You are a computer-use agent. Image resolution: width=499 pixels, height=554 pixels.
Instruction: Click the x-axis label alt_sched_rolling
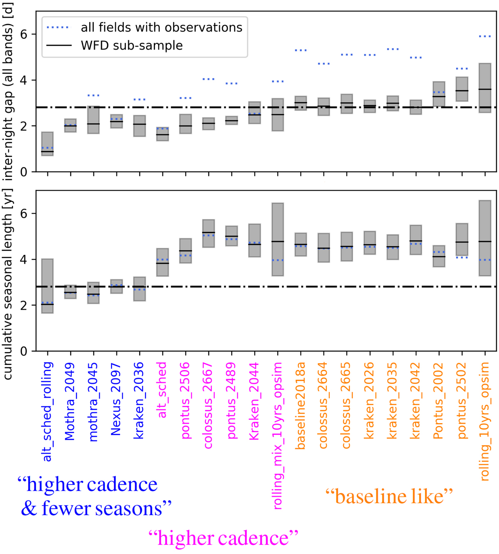[48, 411]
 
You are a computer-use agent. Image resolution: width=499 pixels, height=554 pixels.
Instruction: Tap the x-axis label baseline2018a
[300, 406]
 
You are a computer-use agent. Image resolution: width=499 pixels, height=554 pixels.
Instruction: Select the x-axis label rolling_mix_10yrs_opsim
[277, 436]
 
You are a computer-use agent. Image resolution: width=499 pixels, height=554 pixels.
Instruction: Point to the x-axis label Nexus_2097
[116, 399]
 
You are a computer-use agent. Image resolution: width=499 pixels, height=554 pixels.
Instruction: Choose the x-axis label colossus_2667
[208, 405]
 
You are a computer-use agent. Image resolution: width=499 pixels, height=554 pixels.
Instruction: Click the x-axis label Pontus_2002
[438, 401]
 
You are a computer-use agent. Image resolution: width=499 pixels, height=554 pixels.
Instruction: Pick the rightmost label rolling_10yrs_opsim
[484, 421]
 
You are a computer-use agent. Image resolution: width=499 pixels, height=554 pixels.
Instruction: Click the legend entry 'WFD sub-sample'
[132, 45]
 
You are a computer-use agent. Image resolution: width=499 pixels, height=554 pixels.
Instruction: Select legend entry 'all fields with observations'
[161, 27]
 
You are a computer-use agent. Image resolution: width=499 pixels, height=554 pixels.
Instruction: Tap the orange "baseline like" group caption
[389, 496]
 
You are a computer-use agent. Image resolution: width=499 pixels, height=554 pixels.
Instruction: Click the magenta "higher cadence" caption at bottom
[223, 538]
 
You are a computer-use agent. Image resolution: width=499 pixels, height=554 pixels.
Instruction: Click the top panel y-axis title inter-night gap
[8, 91]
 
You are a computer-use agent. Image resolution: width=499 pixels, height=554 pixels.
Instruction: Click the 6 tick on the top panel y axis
[24, 34]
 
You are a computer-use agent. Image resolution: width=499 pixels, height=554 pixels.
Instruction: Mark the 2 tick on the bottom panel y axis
[24, 305]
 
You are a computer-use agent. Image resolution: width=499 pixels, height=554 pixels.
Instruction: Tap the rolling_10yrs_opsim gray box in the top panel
[485, 88]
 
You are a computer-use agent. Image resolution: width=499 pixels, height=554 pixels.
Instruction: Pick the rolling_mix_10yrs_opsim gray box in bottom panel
[278, 239]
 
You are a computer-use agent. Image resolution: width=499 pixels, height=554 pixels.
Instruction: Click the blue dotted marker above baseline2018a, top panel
[301, 50]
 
